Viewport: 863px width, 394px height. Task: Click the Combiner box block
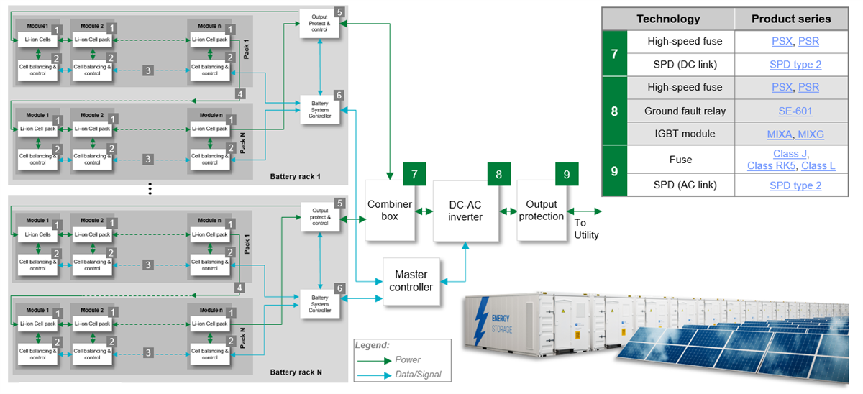pyautogui.click(x=391, y=210)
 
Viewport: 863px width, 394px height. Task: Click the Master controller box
pyautogui.click(x=411, y=281)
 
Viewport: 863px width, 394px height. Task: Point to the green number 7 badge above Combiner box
pyautogui.click(x=415, y=173)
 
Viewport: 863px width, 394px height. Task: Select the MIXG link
pyautogui.click(x=811, y=134)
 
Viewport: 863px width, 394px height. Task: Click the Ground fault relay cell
pyautogui.click(x=685, y=111)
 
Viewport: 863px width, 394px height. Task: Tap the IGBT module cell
pyautogui.click(x=685, y=134)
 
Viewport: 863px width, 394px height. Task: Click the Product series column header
pyautogui.click(x=790, y=19)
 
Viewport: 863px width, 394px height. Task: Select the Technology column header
pyautogui.click(x=668, y=19)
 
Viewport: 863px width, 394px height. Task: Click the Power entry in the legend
pyautogui.click(x=408, y=359)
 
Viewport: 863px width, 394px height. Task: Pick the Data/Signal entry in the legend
pyautogui.click(x=418, y=375)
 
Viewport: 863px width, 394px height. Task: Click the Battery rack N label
pyautogui.click(x=296, y=372)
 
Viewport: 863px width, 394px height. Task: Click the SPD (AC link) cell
pyautogui.click(x=685, y=185)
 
